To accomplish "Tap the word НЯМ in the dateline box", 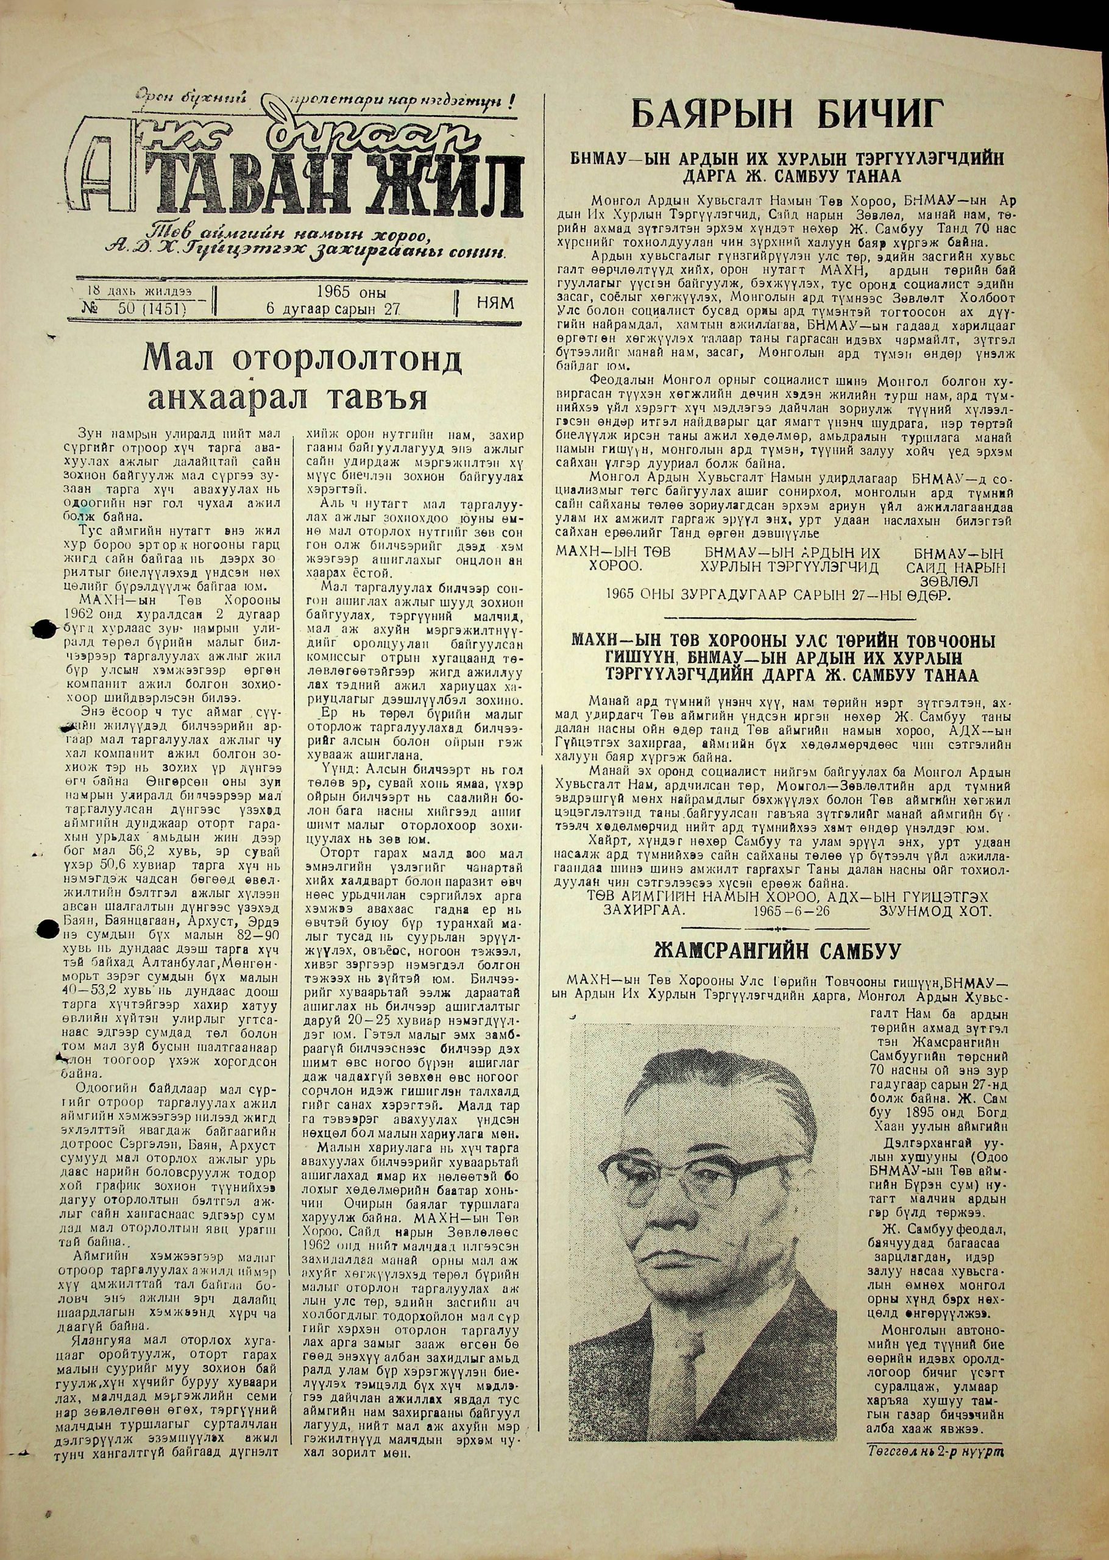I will point(497,302).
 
